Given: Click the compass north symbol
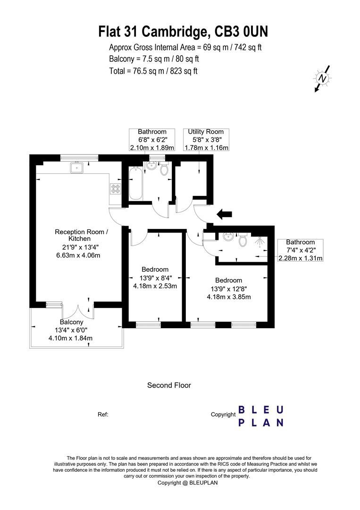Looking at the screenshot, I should click(x=323, y=78).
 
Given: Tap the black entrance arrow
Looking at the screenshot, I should click(x=224, y=215).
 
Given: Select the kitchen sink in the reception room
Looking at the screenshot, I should click(x=76, y=167).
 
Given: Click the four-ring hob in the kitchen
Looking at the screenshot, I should click(x=116, y=188).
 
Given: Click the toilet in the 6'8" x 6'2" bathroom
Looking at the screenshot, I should click(x=164, y=169).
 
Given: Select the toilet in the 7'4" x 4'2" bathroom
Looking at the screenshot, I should click(x=243, y=240).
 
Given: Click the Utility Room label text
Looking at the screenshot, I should click(x=206, y=132).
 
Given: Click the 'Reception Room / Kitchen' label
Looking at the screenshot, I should click(x=82, y=235).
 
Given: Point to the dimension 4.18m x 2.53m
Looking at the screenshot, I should click(x=155, y=286).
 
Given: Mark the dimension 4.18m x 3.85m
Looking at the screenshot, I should click(x=228, y=297).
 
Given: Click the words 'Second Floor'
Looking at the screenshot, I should click(x=169, y=385).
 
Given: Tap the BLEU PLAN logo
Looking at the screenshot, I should click(x=260, y=416).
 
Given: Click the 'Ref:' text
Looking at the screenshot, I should click(x=103, y=414).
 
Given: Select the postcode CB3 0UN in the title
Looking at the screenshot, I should click(x=242, y=32).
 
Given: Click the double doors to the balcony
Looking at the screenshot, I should click(x=77, y=312).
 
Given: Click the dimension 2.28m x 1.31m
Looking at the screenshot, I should click(x=300, y=258).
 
